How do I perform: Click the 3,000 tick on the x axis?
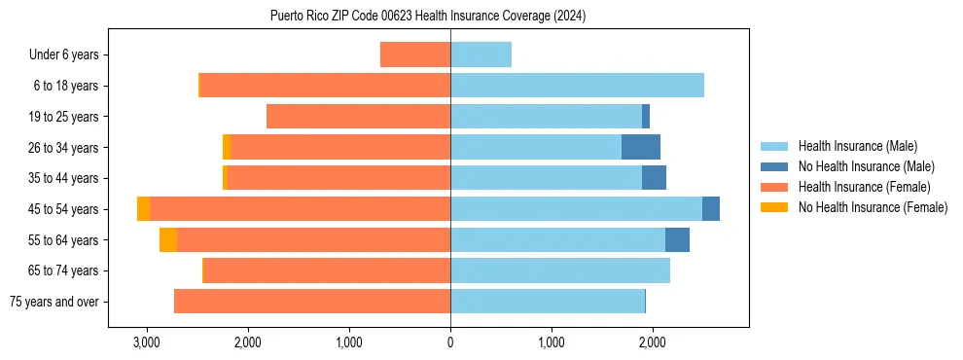147,342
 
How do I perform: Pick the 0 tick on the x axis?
450,342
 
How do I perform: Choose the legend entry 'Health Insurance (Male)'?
857,146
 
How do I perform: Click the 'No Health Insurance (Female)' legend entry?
873,207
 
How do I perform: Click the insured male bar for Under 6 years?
481,54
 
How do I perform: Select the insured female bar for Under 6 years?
415,54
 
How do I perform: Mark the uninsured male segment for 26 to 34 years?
641,147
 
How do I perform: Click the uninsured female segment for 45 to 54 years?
143,209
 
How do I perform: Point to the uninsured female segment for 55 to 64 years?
168,239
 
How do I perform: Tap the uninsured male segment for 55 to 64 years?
677,239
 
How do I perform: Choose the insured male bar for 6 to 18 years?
577,86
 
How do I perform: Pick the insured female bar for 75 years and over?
312,302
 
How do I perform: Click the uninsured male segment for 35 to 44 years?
654,178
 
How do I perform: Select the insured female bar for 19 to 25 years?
358,117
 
